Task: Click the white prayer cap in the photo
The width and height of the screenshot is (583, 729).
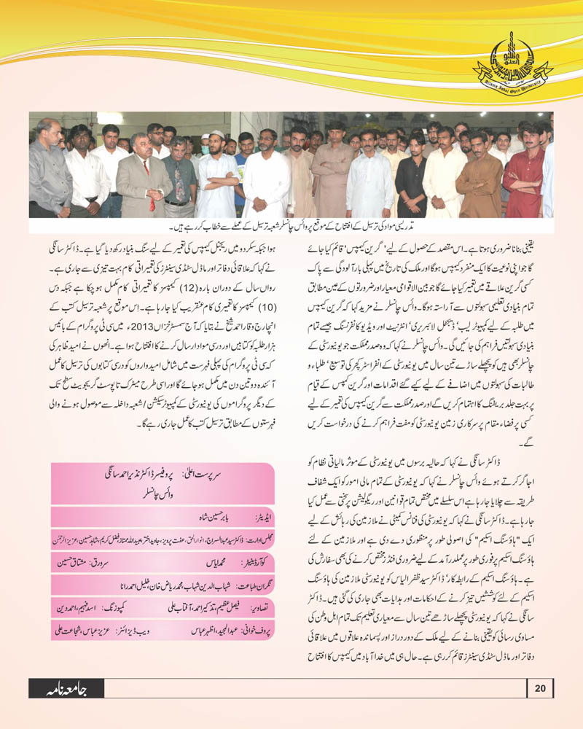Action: pos(216,136)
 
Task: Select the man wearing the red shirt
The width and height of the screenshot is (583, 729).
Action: pos(526,171)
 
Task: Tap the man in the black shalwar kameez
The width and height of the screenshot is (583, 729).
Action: pos(412,171)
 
